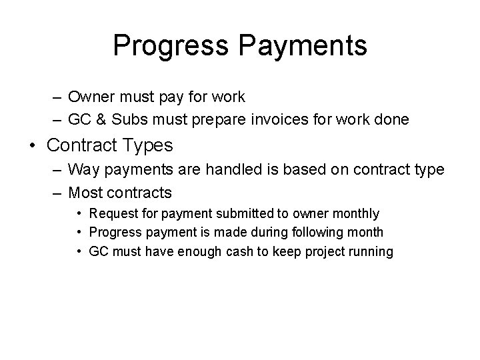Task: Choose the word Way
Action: pyautogui.click(x=83, y=170)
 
